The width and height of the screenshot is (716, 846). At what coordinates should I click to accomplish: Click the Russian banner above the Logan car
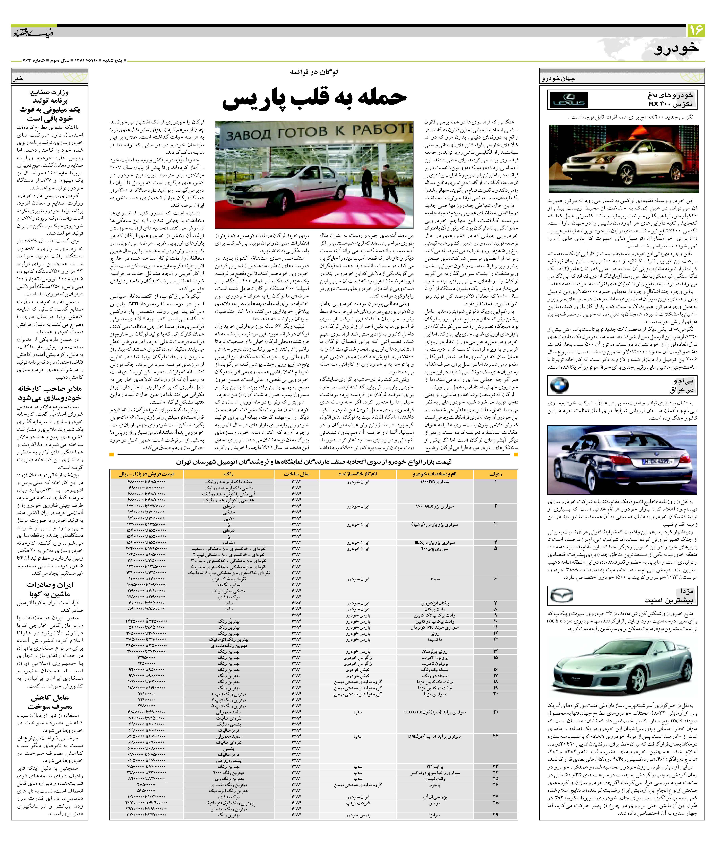[315, 132]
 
